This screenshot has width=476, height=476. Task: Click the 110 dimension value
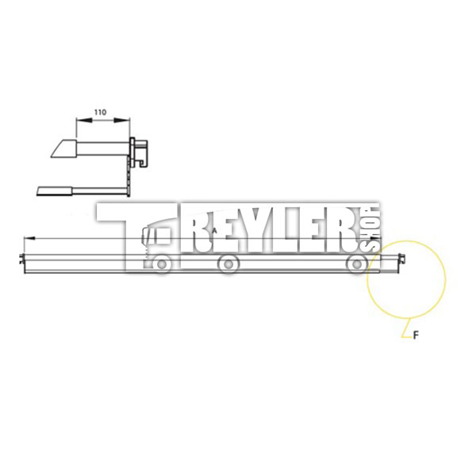tap(100, 113)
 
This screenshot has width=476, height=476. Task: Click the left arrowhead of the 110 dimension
tap(84, 121)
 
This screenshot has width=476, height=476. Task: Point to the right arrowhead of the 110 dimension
tap(122, 121)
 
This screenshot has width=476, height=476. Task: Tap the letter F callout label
tap(416, 335)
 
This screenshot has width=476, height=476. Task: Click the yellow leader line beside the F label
tap(407, 328)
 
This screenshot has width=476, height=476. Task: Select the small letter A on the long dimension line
tap(214, 230)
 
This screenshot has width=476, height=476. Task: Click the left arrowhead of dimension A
tap(29, 238)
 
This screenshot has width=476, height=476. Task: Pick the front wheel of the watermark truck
tap(162, 264)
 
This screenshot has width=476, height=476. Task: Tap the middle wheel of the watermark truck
tap(228, 264)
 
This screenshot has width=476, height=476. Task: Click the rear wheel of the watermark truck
tap(357, 264)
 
